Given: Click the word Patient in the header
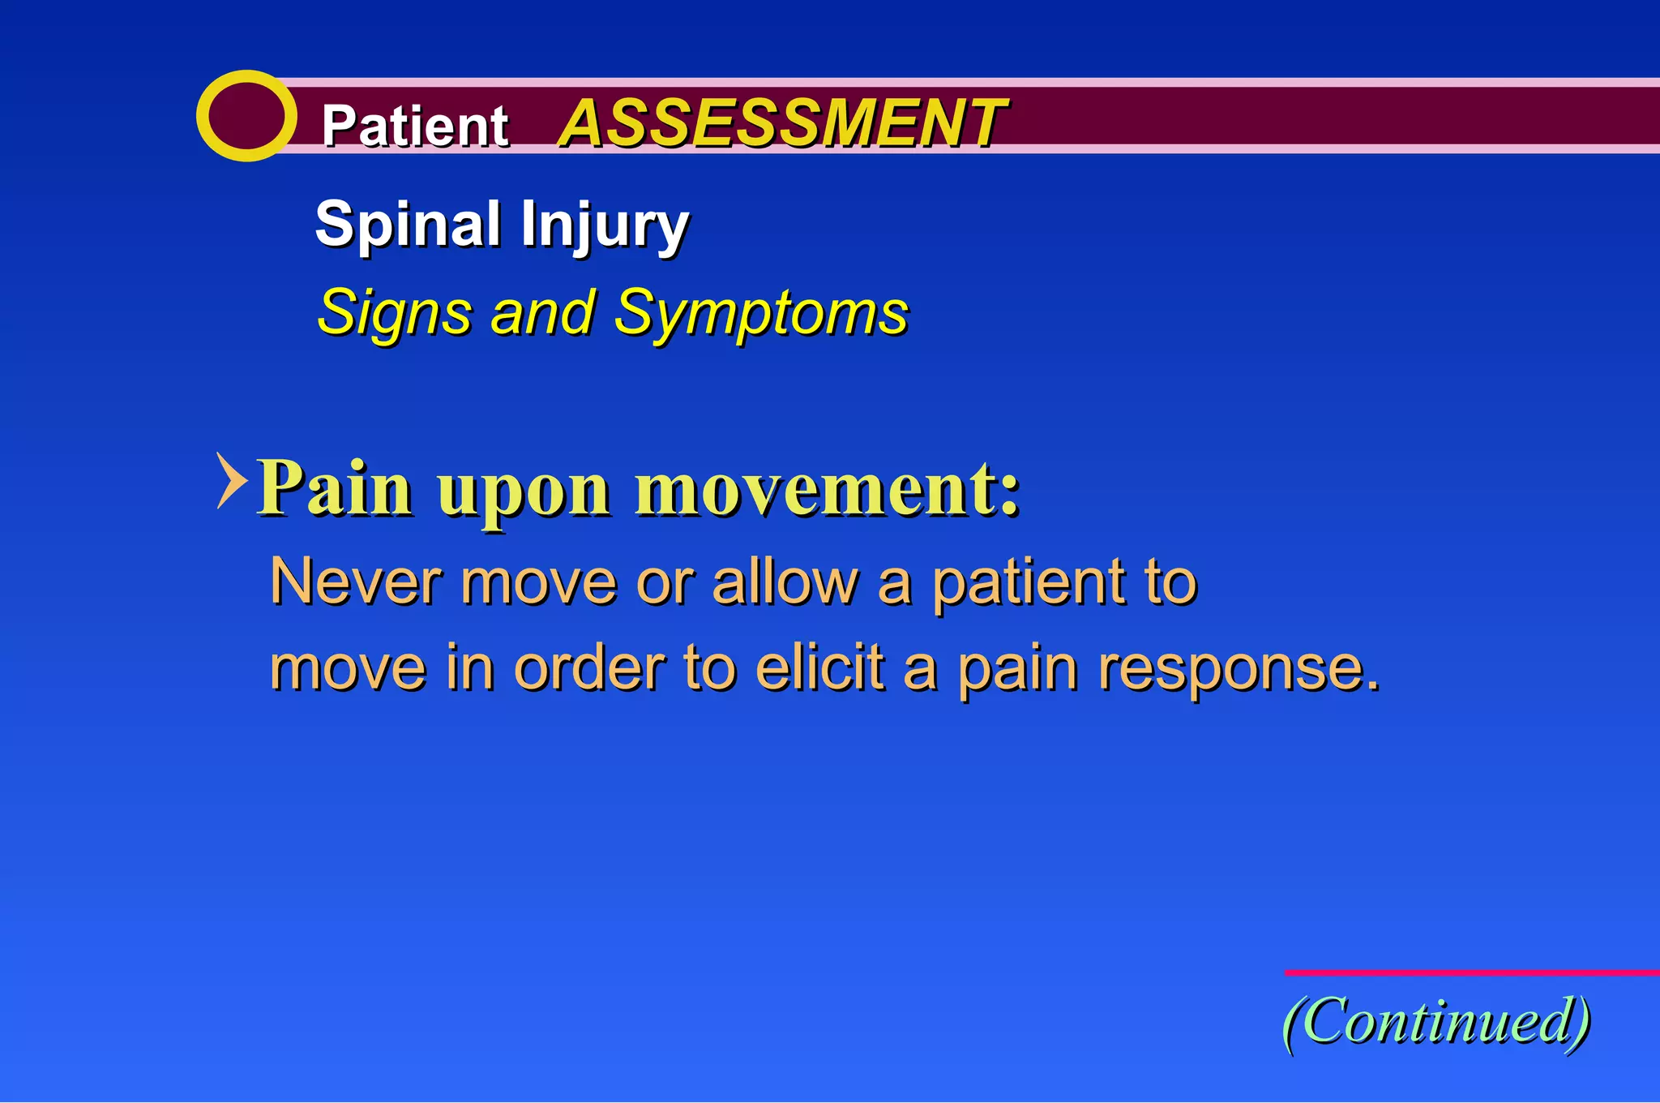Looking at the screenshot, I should (x=414, y=127).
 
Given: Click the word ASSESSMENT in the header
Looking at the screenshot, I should (x=781, y=123).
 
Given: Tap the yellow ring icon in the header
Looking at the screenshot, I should (x=246, y=116).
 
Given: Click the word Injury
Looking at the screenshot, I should (x=605, y=225).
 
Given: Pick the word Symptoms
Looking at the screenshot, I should (x=760, y=313).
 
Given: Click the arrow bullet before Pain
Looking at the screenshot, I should (x=231, y=480).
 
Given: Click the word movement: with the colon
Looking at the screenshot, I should (x=827, y=488).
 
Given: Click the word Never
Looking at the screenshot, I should (x=356, y=582).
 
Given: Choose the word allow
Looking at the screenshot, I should (x=784, y=582).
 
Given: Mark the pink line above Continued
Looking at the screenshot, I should (x=1471, y=972).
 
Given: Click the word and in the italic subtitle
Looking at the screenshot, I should (x=542, y=313).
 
